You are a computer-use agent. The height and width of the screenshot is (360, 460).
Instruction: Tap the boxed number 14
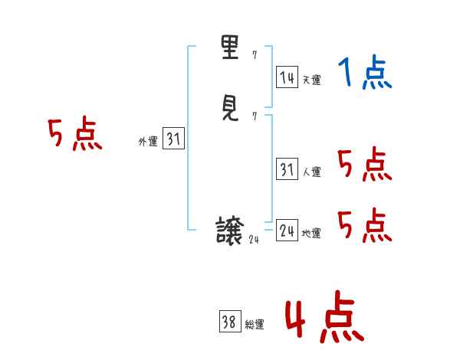coord(287,77)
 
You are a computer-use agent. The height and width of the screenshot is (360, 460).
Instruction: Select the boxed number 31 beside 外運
coord(173,139)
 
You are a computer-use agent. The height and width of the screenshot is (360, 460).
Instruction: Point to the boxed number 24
coord(287,231)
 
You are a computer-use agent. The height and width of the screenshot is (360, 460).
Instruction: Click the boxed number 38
coord(228,322)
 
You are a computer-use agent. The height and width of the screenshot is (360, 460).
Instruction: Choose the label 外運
coord(147,142)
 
